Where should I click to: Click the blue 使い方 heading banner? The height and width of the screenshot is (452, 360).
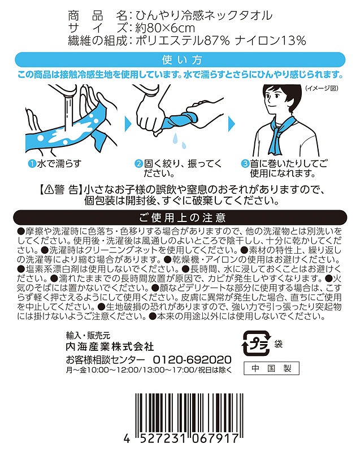(180, 60)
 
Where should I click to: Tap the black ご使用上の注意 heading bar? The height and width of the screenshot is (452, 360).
(180, 218)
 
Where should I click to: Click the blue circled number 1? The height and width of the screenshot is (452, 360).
(32, 164)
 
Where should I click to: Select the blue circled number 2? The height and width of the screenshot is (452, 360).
(139, 164)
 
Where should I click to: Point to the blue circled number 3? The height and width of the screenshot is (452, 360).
(245, 164)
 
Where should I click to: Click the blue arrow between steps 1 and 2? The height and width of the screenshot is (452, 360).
(128, 124)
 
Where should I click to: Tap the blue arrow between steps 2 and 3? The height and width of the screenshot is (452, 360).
(232, 124)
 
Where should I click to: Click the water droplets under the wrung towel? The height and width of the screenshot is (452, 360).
(179, 140)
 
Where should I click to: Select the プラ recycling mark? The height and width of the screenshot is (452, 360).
(257, 344)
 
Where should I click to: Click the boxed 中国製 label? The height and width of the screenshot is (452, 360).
(271, 368)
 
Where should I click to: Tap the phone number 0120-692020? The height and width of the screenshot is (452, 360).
(192, 359)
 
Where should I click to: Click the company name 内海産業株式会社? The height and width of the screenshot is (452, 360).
(110, 346)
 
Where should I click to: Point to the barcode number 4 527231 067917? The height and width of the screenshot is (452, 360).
(181, 439)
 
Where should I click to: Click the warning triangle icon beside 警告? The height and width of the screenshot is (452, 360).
(49, 189)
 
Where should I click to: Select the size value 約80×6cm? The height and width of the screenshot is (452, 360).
(165, 28)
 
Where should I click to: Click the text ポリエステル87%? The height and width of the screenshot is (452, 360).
(183, 41)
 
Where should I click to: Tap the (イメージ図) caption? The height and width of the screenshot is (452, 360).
(322, 88)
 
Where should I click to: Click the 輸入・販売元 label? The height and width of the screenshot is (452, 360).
(88, 335)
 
